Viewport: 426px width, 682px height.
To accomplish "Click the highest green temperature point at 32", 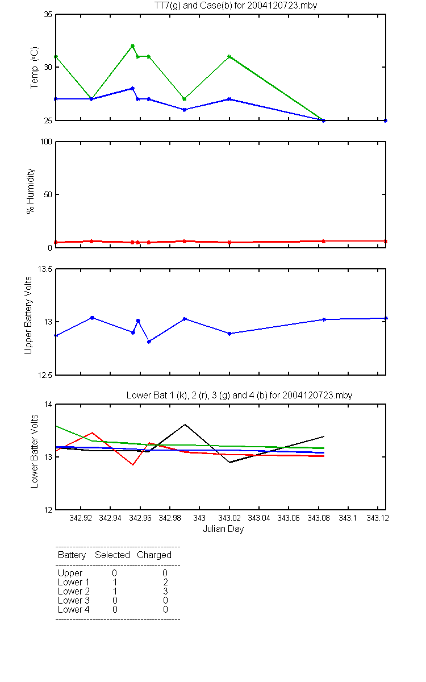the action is (x=132, y=46).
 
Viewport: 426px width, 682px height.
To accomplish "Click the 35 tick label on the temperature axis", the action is (x=48, y=14).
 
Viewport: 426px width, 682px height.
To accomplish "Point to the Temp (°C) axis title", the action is (x=35, y=68).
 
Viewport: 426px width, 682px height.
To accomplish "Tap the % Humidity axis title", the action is (x=31, y=191).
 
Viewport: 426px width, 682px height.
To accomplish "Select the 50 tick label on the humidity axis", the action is (x=48, y=194).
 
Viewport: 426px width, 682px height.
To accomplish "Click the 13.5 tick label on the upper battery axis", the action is (x=45, y=269).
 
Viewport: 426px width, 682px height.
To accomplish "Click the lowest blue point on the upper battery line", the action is (x=149, y=342).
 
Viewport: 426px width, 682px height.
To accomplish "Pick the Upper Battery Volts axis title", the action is (x=28, y=315).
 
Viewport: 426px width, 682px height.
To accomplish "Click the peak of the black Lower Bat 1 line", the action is (x=185, y=425).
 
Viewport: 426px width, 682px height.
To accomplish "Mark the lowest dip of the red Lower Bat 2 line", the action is (x=133, y=465).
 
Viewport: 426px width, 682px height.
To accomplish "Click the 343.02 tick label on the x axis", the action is (x=229, y=518).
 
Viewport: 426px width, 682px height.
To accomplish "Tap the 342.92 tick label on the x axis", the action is (x=81, y=518).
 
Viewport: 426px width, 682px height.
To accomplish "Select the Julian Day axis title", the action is (x=223, y=529).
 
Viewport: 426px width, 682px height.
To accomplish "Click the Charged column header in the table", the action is (x=154, y=555).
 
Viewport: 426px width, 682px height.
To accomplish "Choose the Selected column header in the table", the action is (x=112, y=555).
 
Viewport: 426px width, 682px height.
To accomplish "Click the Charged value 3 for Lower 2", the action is (x=165, y=591).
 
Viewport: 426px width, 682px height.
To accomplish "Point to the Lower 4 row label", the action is (x=74, y=609).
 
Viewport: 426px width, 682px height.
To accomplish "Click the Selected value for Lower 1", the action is (x=115, y=582).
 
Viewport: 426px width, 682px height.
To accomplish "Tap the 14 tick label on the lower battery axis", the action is (x=48, y=404).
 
